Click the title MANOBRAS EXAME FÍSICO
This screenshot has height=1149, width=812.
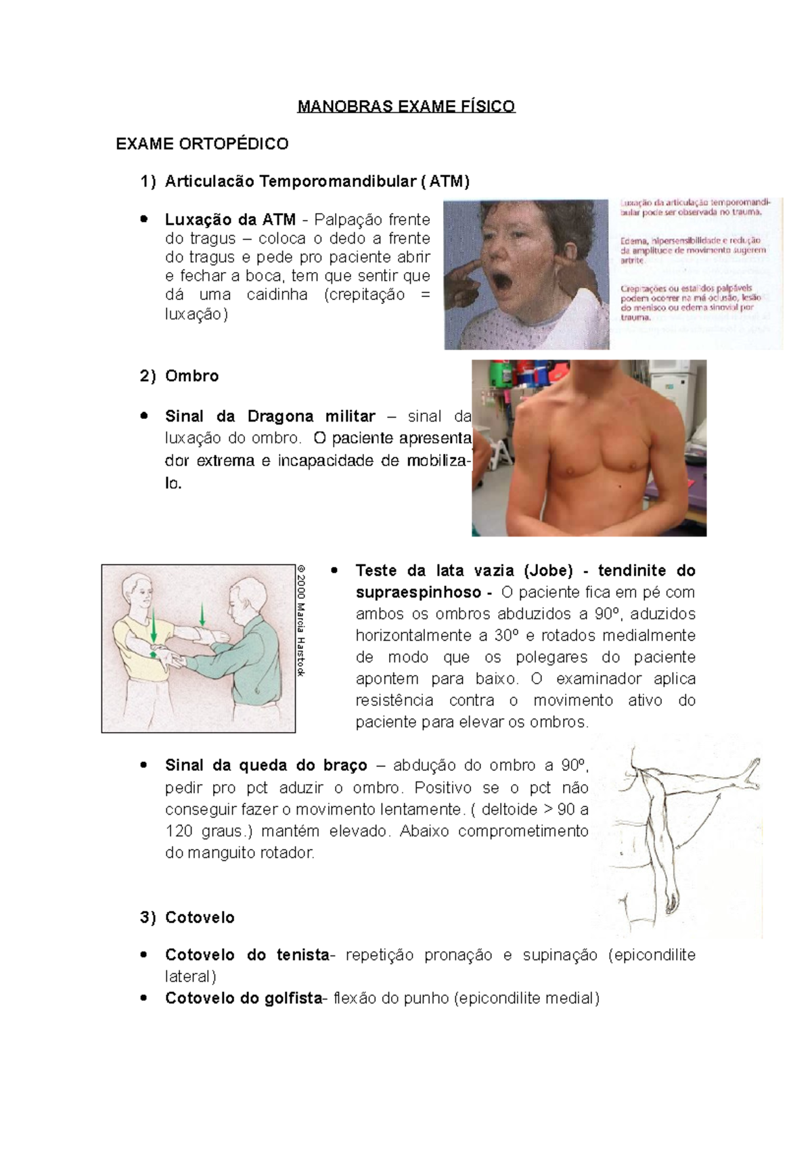click(406, 106)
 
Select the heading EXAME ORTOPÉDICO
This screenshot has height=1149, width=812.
click(202, 144)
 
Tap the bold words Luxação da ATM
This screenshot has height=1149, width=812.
click(230, 219)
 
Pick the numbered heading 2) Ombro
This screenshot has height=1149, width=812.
click(179, 376)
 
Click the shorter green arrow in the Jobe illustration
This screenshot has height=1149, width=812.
click(202, 615)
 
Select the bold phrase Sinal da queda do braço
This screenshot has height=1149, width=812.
click(266, 765)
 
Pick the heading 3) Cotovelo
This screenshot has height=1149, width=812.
click(187, 918)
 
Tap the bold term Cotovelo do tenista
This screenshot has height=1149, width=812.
click(247, 955)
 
